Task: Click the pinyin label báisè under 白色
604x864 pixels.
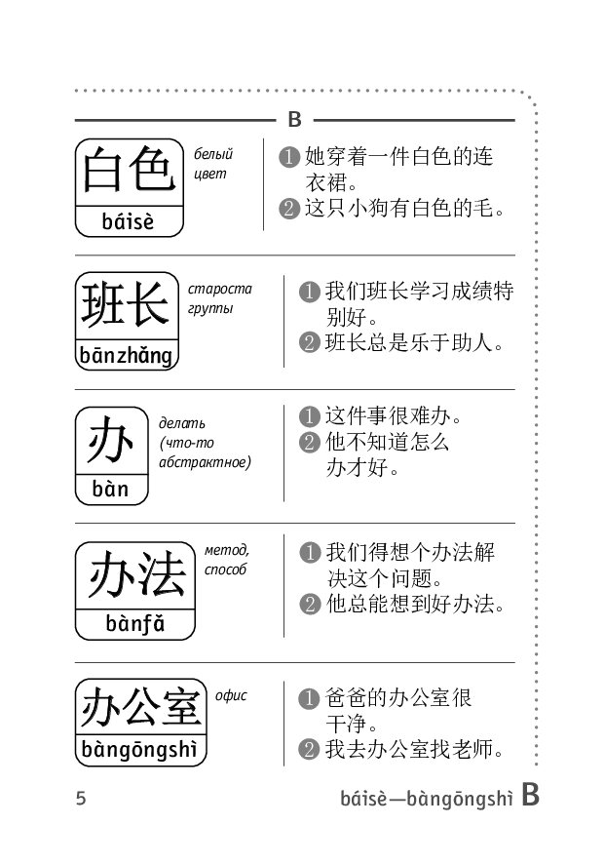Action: pyautogui.click(x=128, y=221)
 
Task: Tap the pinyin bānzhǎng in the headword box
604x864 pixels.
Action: pyautogui.click(x=126, y=355)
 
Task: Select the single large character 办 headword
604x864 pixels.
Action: pyautogui.click(x=111, y=440)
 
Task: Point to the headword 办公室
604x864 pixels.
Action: pyautogui.click(x=140, y=707)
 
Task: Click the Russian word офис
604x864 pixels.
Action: pyautogui.click(x=231, y=695)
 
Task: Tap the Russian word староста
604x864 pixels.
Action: pyautogui.click(x=220, y=289)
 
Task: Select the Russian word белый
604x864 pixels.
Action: pyautogui.click(x=213, y=154)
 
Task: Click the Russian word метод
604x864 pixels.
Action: pyautogui.click(x=226, y=550)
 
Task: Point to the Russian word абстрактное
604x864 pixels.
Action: pyautogui.click(x=205, y=462)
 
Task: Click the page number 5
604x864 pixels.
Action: pyautogui.click(x=81, y=798)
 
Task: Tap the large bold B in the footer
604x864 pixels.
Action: pyautogui.click(x=530, y=794)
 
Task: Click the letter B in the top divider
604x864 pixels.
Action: pyautogui.click(x=294, y=120)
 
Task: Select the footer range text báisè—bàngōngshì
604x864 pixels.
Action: pyautogui.click(x=427, y=798)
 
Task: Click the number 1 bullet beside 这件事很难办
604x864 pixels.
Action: pyautogui.click(x=310, y=416)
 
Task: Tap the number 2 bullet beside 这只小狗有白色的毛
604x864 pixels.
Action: pyautogui.click(x=289, y=209)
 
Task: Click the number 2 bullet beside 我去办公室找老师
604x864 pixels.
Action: pyautogui.click(x=309, y=749)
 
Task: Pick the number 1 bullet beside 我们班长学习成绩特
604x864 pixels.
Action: pyautogui.click(x=310, y=292)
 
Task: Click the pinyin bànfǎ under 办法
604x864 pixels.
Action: pyautogui.click(x=134, y=624)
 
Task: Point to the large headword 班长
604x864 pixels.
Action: pyautogui.click(x=126, y=304)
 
